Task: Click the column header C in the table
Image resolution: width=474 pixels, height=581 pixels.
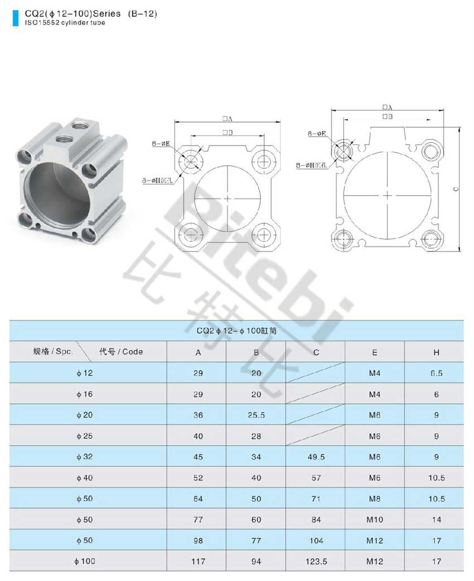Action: click(316, 352)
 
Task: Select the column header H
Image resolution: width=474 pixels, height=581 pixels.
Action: click(436, 352)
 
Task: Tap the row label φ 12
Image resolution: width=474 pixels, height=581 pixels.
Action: click(85, 373)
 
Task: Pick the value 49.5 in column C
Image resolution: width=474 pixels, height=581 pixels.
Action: click(316, 457)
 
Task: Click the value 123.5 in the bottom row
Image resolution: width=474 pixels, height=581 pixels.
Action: click(316, 561)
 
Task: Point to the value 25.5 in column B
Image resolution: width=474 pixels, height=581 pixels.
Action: click(256, 415)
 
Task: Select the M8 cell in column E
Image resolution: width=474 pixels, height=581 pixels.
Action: click(374, 498)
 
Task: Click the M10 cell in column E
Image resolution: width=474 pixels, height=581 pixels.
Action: click(374, 520)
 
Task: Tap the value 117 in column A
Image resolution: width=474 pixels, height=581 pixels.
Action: click(198, 561)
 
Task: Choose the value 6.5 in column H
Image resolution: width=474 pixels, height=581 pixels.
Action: click(436, 373)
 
